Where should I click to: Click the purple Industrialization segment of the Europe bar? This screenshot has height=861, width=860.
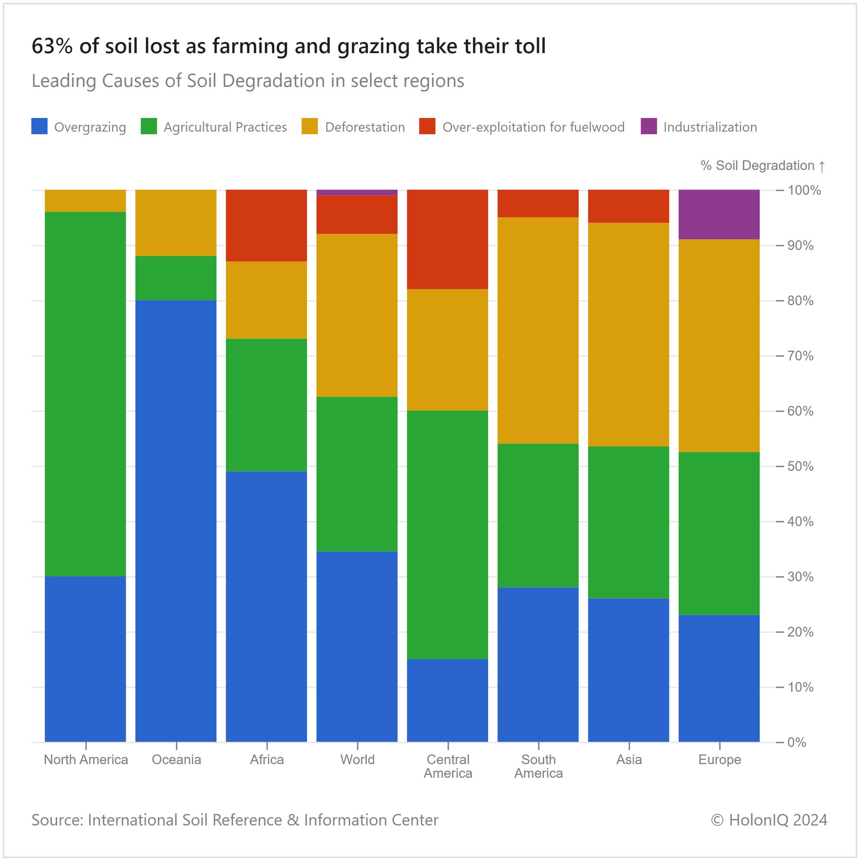pyautogui.click(x=719, y=214)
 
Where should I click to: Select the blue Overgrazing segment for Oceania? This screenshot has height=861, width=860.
pyautogui.click(x=176, y=521)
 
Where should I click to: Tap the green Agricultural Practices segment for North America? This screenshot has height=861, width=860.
pyautogui.click(x=86, y=394)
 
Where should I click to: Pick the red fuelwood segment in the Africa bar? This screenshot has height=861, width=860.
pyautogui.click(x=266, y=225)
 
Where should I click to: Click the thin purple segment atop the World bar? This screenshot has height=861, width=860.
pyautogui.click(x=357, y=192)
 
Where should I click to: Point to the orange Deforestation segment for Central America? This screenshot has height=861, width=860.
pyautogui.click(x=448, y=350)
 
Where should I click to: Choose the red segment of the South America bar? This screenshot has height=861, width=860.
pyautogui.click(x=538, y=204)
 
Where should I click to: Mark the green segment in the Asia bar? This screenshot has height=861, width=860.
pyautogui.click(x=628, y=522)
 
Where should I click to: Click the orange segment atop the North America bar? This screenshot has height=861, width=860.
pyautogui.click(x=86, y=201)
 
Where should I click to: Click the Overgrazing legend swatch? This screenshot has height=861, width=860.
pyautogui.click(x=40, y=126)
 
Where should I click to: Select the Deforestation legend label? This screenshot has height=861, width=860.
pyautogui.click(x=365, y=127)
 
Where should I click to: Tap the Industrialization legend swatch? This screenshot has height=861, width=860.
pyautogui.click(x=649, y=126)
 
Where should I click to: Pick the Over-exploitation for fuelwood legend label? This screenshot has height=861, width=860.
pyautogui.click(x=533, y=127)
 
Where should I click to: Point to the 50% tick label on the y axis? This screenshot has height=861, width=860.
pyautogui.click(x=800, y=466)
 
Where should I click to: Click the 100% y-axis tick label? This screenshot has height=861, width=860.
pyautogui.click(x=804, y=190)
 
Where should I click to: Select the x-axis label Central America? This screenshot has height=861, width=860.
pyautogui.click(x=448, y=766)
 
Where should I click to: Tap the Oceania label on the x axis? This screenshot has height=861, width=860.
pyautogui.click(x=176, y=759)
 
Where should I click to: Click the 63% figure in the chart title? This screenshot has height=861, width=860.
pyautogui.click(x=52, y=46)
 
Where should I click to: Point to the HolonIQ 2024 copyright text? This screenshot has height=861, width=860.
pyautogui.click(x=769, y=820)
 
